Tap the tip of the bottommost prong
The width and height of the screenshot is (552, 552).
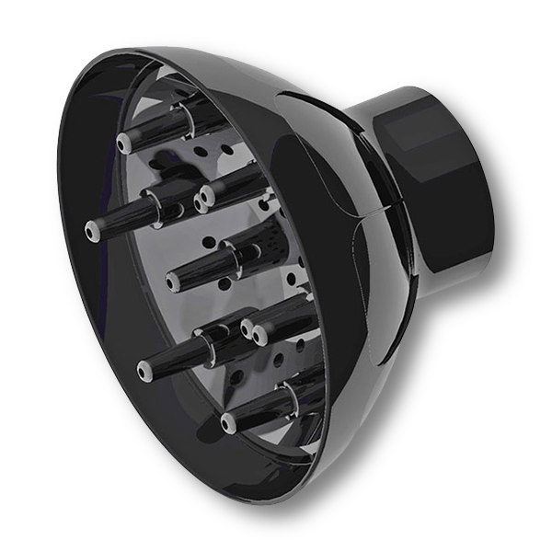coord(227,424)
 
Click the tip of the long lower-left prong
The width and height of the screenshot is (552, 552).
coord(144,371)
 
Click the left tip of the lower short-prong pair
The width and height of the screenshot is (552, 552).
coord(247,326)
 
